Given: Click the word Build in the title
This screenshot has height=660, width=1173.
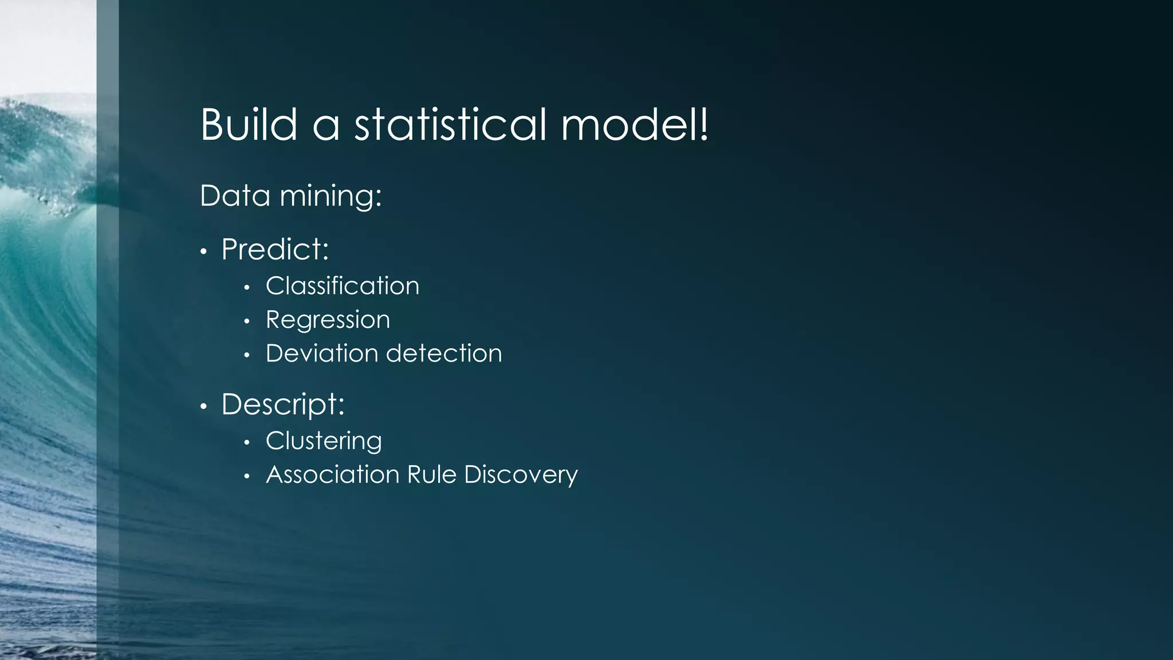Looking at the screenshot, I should (x=249, y=124).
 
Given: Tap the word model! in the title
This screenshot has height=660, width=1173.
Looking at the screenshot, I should (x=635, y=124).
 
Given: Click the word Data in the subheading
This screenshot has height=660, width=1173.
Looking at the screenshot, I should (x=235, y=196).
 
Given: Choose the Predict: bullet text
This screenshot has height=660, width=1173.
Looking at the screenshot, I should (x=275, y=250).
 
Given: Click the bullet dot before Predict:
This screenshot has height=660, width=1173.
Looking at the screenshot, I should (x=203, y=252).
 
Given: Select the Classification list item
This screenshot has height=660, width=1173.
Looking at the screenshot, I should (x=343, y=286).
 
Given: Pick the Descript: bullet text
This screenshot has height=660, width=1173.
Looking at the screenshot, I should (x=283, y=405).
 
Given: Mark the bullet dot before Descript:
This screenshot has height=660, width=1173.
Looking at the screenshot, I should (x=203, y=407).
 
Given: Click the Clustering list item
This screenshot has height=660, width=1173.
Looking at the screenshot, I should (x=324, y=441).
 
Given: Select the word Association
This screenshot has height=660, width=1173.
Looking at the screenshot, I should (x=332, y=474).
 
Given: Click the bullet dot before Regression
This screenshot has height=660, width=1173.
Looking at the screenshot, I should (x=247, y=322).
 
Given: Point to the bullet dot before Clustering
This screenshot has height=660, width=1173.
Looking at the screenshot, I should (x=247, y=443).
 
